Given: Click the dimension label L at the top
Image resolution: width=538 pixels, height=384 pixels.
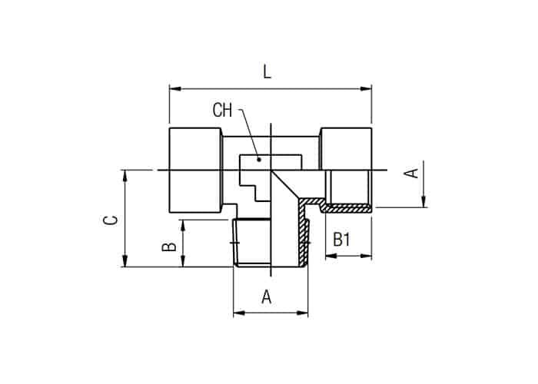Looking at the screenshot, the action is (x=267, y=72).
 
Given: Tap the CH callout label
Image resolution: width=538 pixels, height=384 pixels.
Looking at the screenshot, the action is (x=222, y=111).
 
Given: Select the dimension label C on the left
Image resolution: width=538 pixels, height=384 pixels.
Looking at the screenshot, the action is (x=111, y=220).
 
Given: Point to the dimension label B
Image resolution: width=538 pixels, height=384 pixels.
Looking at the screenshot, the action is (x=169, y=247).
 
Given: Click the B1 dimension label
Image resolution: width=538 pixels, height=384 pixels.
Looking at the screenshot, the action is (x=342, y=240).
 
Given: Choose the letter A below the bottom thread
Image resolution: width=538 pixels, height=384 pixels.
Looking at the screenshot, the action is (x=267, y=297).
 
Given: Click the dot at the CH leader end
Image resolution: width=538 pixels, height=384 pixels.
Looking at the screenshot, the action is (x=260, y=160).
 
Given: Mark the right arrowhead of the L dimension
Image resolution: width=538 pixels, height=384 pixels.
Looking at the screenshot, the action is (x=366, y=89).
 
